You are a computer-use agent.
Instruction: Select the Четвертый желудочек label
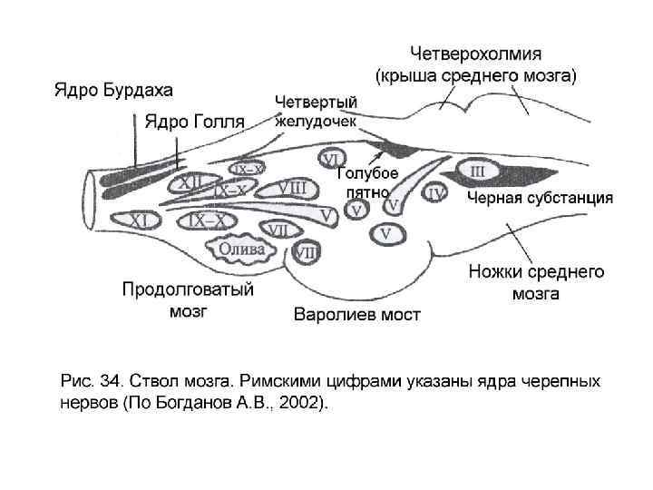pos(317,110)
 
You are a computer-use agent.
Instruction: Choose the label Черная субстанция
pos(540,198)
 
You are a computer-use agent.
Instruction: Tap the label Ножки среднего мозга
pos(536,281)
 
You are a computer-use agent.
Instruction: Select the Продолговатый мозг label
pos(188,300)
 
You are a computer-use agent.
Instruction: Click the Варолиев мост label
pos(357,315)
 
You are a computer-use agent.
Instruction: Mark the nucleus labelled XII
pos(191,183)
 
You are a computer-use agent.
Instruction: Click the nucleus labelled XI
pos(141,220)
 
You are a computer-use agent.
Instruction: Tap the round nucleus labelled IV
pos(436,192)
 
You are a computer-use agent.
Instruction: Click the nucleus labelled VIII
pos(297,188)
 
